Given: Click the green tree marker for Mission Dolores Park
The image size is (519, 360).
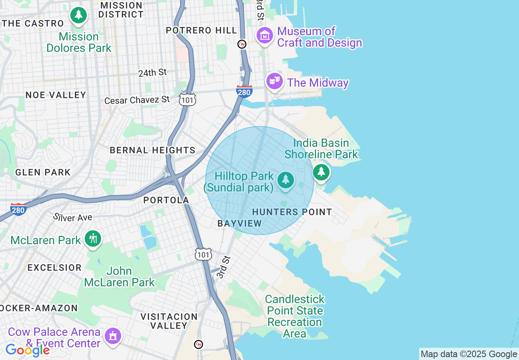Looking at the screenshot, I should [79, 16].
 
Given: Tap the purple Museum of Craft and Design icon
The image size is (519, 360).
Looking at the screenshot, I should [265, 36].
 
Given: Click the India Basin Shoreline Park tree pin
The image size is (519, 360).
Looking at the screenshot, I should [321, 172].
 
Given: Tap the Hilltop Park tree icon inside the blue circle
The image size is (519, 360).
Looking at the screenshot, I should [285, 180].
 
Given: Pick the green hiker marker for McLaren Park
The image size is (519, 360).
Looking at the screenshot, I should [93, 238].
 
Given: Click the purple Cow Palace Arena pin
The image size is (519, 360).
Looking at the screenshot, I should [113, 336].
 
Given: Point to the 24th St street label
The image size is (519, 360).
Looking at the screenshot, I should [152, 73].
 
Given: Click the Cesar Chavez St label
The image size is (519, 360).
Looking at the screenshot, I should [137, 100].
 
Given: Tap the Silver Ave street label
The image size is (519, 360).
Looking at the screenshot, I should [73, 217].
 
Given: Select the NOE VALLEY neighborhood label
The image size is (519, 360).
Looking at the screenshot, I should [56, 95].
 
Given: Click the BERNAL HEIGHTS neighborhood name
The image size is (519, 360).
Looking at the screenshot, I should [152, 150].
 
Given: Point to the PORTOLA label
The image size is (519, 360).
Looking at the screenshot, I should [166, 200].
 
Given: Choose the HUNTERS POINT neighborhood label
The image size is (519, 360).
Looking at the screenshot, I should [292, 212].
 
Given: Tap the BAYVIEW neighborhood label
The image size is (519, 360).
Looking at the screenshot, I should [239, 223].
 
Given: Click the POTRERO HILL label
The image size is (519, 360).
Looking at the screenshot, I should [201, 30].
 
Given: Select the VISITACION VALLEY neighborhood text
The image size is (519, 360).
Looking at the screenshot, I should [169, 321].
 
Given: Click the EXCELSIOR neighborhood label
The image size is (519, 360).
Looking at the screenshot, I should [54, 268].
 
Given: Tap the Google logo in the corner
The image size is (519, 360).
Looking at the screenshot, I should [27, 350].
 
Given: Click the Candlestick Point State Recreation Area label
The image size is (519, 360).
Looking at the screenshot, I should [295, 316].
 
